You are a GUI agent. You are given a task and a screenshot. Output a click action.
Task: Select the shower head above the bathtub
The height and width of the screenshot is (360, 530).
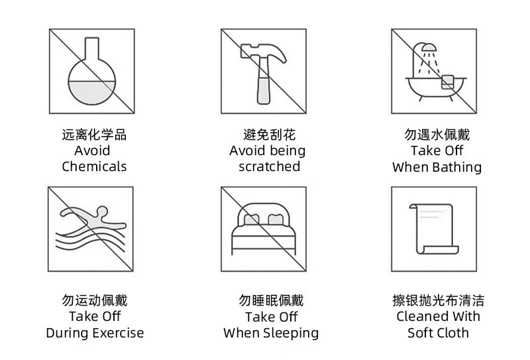(429, 48)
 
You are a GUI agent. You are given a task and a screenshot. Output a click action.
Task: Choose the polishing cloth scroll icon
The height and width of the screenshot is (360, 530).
(433, 229)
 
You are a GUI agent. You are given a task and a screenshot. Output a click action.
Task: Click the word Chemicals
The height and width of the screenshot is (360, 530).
(94, 166)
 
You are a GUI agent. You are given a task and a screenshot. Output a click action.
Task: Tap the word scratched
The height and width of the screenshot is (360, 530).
(269, 166)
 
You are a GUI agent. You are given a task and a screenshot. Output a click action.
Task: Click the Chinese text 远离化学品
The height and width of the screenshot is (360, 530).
(94, 135)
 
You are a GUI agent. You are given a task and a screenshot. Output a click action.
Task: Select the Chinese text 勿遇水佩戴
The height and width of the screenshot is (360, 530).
(437, 135)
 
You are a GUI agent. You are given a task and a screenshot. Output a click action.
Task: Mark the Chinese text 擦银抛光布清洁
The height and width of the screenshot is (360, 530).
(438, 301)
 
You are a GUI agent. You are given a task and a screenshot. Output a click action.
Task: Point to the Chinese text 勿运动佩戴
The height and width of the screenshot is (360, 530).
(94, 301)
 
